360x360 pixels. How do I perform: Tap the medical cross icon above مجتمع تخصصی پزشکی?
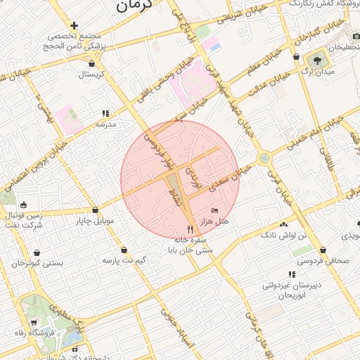coord(73,25)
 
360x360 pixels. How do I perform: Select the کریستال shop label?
coord(92,73)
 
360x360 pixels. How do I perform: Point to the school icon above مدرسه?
coord(105,113)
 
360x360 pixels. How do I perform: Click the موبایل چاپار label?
coord(96,222)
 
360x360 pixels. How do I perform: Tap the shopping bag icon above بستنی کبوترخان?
coord(37,252)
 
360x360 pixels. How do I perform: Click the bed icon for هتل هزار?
coord(215,210)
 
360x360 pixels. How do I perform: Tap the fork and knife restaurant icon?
coord(190,229)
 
